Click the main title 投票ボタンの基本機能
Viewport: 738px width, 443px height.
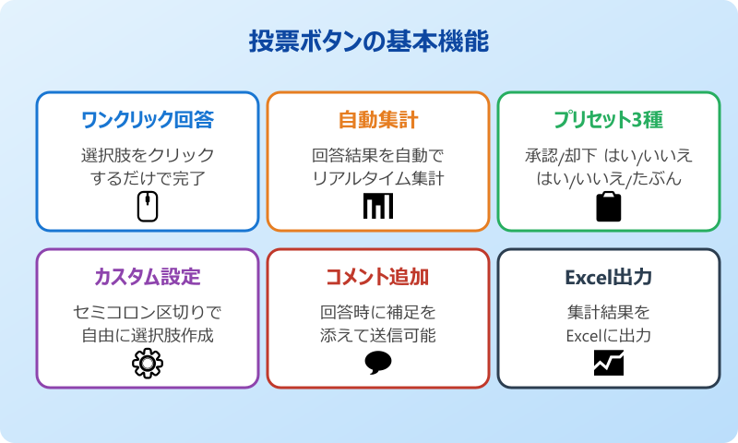pyautogui.click(x=369, y=42)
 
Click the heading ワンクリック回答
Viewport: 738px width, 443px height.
pyautogui.click(x=148, y=120)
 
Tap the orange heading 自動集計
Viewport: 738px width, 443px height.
pyautogui.click(x=378, y=120)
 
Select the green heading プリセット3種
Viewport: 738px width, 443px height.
pyautogui.click(x=609, y=120)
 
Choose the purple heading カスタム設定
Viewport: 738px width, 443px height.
pyautogui.click(x=148, y=277)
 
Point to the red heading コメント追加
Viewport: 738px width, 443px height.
pyautogui.click(x=378, y=277)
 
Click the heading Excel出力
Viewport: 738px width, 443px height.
pyautogui.click(x=609, y=277)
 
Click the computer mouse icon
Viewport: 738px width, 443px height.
pyautogui.click(x=148, y=207)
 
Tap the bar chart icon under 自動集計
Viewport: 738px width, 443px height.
pyautogui.click(x=378, y=207)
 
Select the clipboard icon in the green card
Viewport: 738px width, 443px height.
pyautogui.click(x=609, y=206)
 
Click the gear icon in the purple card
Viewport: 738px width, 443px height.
pyautogui.click(x=148, y=364)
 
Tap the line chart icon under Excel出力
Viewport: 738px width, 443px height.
pyautogui.click(x=609, y=364)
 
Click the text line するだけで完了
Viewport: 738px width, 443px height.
pyautogui.click(x=148, y=178)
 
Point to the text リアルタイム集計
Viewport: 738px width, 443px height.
pyautogui.click(x=378, y=178)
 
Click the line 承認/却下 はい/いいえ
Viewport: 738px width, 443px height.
pyautogui.click(x=609, y=154)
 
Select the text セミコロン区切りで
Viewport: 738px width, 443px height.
pyautogui.click(x=148, y=311)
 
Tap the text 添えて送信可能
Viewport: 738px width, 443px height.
pyautogui.click(x=378, y=335)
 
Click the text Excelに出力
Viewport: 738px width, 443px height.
pyautogui.click(x=609, y=335)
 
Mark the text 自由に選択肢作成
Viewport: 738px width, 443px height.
pyautogui.click(x=148, y=335)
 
